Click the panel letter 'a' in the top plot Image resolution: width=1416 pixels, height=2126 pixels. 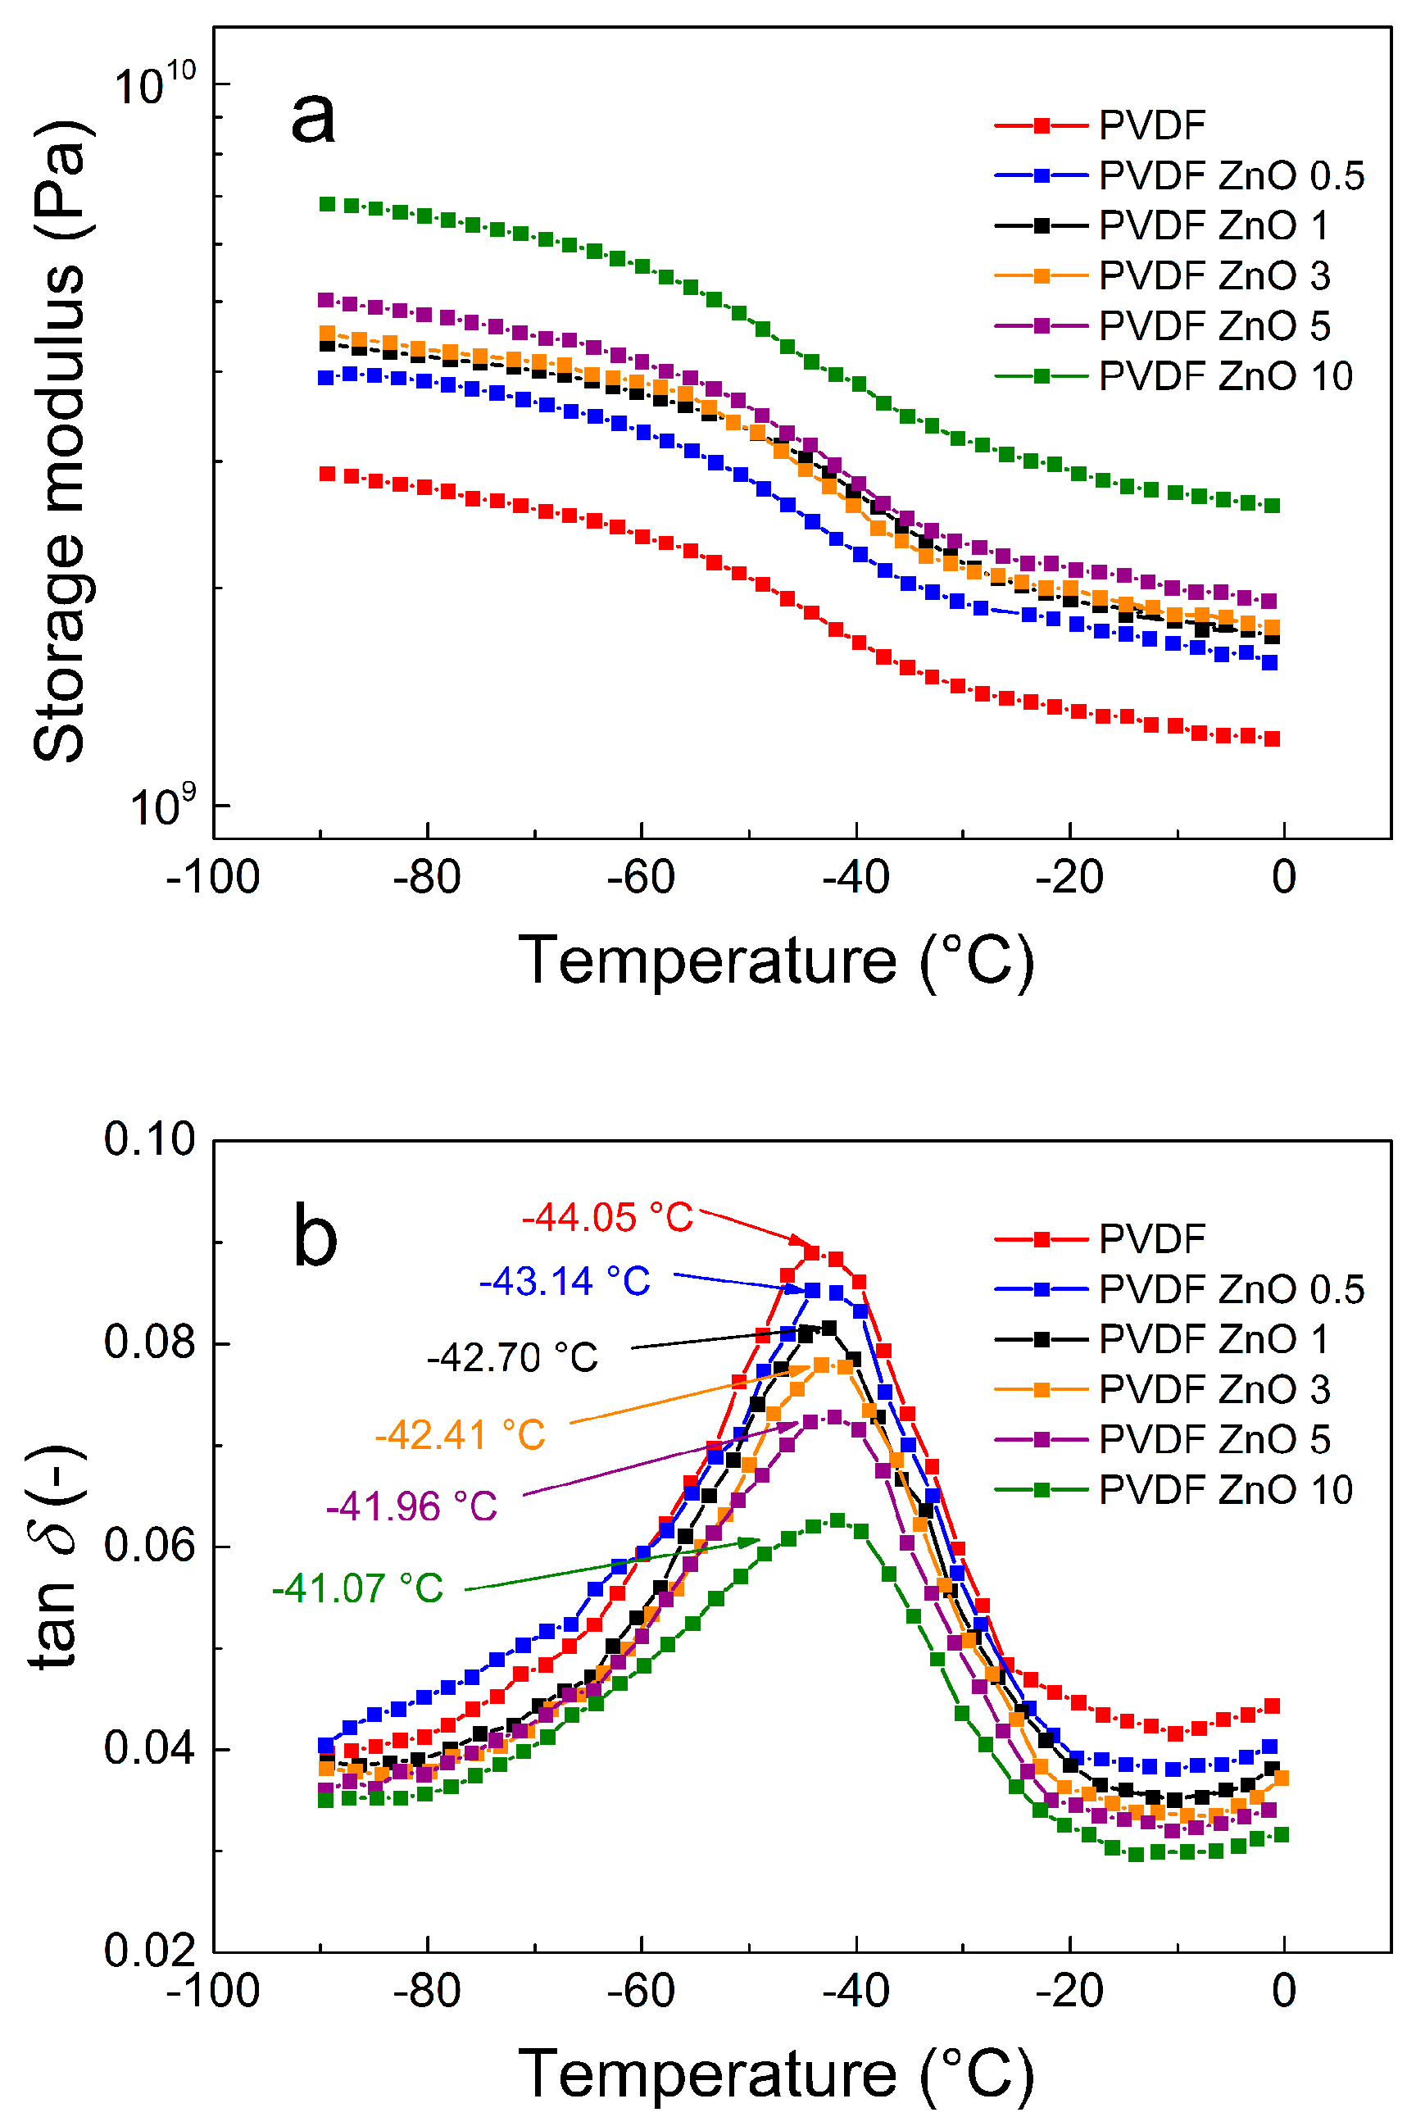[313, 118]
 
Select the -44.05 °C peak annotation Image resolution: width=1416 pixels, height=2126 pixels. [608, 1217]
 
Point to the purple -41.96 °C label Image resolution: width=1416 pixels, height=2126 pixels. [412, 1506]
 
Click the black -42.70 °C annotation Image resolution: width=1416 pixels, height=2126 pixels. [512, 1357]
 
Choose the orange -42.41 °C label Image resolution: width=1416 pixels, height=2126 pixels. [461, 1434]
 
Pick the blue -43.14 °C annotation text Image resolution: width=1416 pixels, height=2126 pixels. [565, 1281]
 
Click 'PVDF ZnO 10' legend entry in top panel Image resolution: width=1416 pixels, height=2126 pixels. [1224, 375]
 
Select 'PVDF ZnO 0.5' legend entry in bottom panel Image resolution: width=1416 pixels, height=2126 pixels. [1231, 1288]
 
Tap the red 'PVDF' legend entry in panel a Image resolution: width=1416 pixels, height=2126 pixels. [1151, 125]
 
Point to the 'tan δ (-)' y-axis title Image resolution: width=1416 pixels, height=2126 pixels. [56, 1556]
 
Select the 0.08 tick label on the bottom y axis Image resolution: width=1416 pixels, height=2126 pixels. [149, 1342]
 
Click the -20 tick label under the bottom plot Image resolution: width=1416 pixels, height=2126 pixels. [1069, 1991]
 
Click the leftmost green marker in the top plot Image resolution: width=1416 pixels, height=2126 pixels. [327, 204]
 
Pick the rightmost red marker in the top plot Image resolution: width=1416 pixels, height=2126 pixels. [1272, 738]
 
